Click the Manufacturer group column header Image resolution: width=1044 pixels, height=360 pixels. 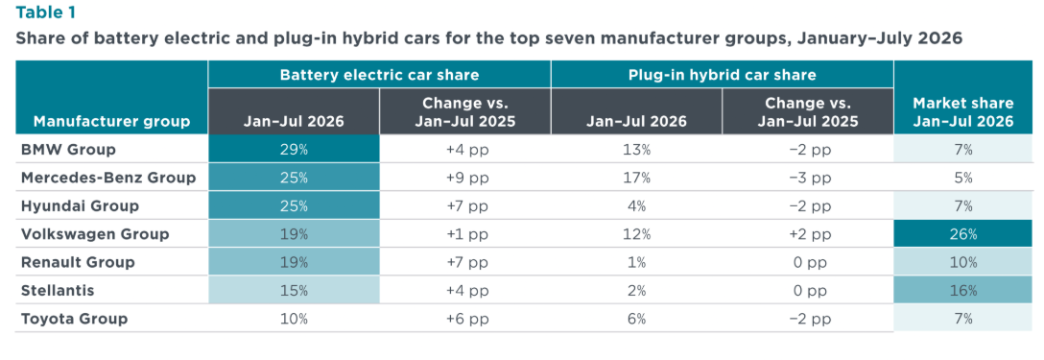click(x=112, y=121)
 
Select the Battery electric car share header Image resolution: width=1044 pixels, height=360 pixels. click(x=379, y=75)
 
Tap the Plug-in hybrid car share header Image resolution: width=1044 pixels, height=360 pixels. click(x=722, y=75)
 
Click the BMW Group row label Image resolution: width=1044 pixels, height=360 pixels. click(x=68, y=150)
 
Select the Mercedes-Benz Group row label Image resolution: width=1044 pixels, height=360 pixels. click(x=108, y=178)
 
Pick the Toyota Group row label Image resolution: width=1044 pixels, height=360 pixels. click(x=74, y=319)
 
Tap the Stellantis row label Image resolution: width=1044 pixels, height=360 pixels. click(x=57, y=291)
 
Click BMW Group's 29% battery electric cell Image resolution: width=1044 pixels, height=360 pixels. click(x=294, y=150)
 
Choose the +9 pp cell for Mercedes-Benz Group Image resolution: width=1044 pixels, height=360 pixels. click(x=464, y=178)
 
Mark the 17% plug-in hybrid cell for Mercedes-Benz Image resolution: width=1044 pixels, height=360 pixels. click(x=636, y=178)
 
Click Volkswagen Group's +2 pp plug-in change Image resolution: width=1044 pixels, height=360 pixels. click(x=808, y=234)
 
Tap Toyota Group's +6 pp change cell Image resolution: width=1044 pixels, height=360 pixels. click(x=464, y=319)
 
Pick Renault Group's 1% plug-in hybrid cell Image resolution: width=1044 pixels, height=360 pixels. click(x=636, y=263)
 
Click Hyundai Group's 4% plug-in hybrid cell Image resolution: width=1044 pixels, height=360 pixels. click(x=636, y=206)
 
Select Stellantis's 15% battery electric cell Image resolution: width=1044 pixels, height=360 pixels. click(x=294, y=291)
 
